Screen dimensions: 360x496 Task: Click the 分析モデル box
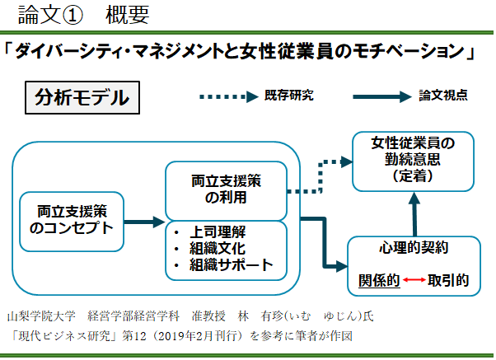point(82,97)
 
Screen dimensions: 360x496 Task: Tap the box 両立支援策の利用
point(225,189)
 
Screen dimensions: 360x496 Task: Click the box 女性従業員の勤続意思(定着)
point(414,160)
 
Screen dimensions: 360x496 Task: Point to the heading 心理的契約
point(414,249)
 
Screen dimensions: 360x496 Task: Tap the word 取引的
point(448,280)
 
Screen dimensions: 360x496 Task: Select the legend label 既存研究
point(289,95)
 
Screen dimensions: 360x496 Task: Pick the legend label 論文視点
point(443,95)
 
